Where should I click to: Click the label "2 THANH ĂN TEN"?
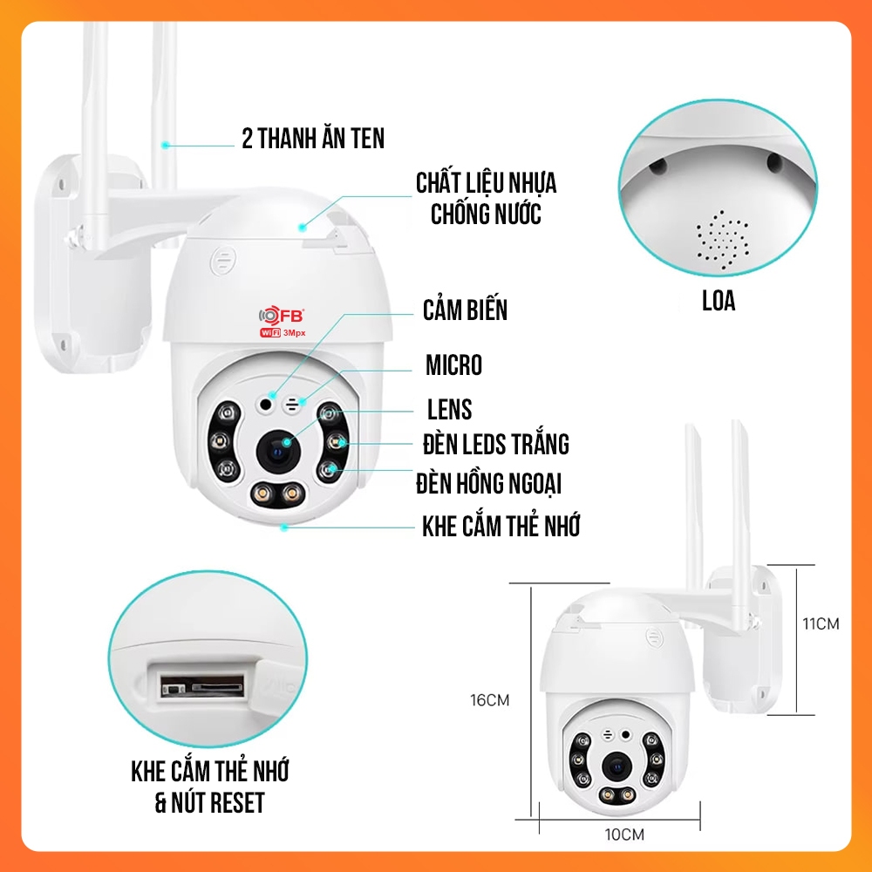[x=312, y=139]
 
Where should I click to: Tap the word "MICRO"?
[x=453, y=364]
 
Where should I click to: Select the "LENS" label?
[x=449, y=409]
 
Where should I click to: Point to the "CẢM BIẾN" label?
[x=465, y=310]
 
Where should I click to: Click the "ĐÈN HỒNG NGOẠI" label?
[x=489, y=483]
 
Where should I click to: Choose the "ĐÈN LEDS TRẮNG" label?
[x=496, y=444]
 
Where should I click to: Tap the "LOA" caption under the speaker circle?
[x=719, y=301]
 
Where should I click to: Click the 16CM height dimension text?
[x=489, y=700]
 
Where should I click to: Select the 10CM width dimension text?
[x=624, y=835]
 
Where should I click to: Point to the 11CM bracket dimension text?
[x=821, y=624]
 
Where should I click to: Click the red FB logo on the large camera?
[x=282, y=316]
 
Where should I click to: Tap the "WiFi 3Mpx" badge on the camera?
[x=283, y=332]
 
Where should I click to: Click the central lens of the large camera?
[x=278, y=451]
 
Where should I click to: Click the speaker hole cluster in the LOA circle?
[x=722, y=241]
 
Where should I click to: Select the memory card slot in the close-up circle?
[x=202, y=685]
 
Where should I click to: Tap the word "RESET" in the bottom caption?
[x=237, y=803]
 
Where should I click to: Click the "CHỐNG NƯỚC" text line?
[x=486, y=215]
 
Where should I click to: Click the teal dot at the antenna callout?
[x=165, y=145]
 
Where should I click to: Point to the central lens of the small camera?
[x=616, y=768]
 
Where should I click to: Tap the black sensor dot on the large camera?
[x=266, y=405]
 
